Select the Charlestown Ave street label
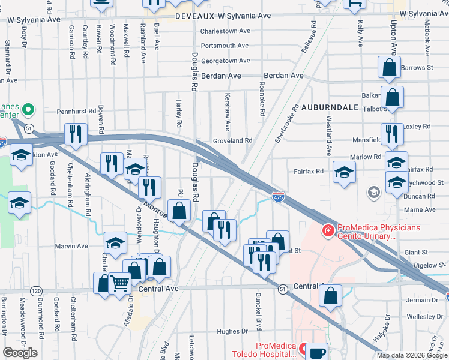click(x=225, y=31)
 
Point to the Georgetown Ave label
click(x=225, y=61)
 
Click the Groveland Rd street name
click(x=232, y=140)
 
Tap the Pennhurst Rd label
click(x=76, y=112)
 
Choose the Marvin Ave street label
click(x=74, y=246)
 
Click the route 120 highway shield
click(x=37, y=290)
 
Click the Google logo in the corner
click(x=20, y=353)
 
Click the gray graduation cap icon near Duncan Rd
click(x=373, y=192)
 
